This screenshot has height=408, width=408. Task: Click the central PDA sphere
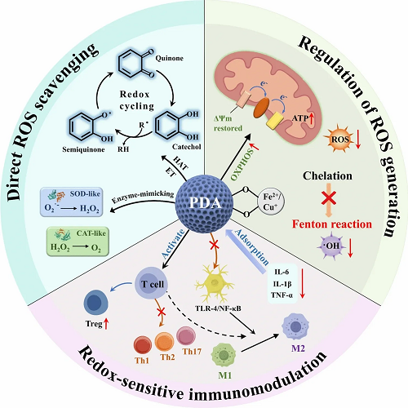[x=204, y=204]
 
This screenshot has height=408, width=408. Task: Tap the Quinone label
[x=169, y=58]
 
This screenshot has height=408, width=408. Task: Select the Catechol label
[x=187, y=147]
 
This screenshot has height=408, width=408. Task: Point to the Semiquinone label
[x=83, y=149]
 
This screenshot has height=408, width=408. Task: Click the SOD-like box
[x=72, y=202]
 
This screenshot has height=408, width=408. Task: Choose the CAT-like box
[x=78, y=242]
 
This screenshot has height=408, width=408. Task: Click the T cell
[x=151, y=284]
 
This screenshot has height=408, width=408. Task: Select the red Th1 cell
[x=143, y=345]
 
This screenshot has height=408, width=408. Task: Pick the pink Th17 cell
[x=186, y=336]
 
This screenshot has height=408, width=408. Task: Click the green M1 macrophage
[x=224, y=355]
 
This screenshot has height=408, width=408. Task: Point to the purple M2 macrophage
[x=295, y=326]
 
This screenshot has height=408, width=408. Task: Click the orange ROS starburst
[x=339, y=140]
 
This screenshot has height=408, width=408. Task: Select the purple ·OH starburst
[x=331, y=246]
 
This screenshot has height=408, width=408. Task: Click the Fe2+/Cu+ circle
[x=271, y=202]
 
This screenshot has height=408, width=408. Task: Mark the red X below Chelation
[x=329, y=197]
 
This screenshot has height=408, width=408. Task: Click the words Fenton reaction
[x=332, y=224]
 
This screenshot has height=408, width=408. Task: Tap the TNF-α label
[x=282, y=295]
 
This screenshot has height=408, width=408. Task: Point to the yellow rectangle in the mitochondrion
[x=275, y=121]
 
